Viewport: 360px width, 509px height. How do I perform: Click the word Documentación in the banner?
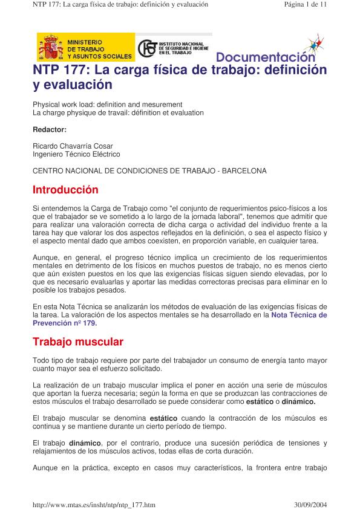coord(265,57)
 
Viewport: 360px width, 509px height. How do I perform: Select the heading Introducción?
coord(65,190)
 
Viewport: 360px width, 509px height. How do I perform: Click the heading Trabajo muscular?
coord(78,342)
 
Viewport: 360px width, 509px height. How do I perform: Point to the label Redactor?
coord(50,129)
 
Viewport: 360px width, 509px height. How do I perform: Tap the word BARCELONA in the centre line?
coord(244,171)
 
